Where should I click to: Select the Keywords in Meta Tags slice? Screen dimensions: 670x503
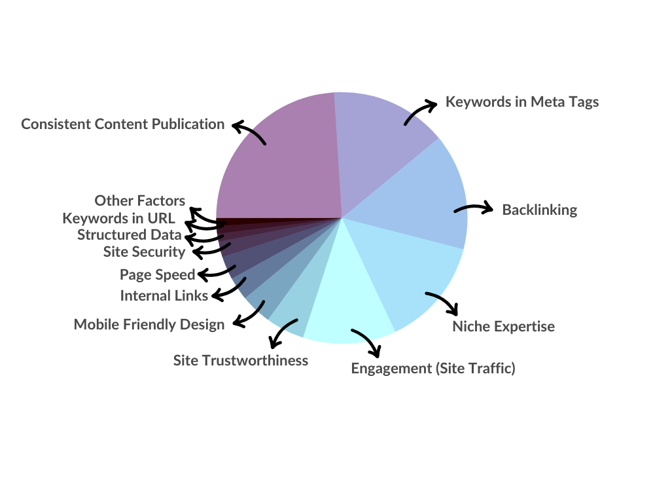pyautogui.click(x=376, y=145)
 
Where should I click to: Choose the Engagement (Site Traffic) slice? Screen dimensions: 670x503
pyautogui.click(x=346, y=299)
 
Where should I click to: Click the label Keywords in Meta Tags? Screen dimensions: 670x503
pyautogui.click(x=522, y=102)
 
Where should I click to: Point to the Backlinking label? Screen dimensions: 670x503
pyautogui.click(x=540, y=210)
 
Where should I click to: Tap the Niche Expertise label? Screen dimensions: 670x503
pyautogui.click(x=503, y=327)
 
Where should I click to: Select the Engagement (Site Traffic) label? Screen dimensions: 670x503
pyautogui.click(x=433, y=368)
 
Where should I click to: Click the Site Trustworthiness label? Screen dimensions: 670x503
pyautogui.click(x=241, y=361)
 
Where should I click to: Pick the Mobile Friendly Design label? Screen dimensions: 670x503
pyautogui.click(x=149, y=325)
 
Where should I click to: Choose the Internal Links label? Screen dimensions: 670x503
pyautogui.click(x=164, y=295)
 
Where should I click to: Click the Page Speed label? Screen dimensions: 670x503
pyautogui.click(x=157, y=274)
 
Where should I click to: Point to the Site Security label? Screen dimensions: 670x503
pyautogui.click(x=145, y=252)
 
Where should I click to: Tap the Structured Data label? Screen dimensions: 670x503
pyautogui.click(x=130, y=235)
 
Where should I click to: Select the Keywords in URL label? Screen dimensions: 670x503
pyautogui.click(x=119, y=219)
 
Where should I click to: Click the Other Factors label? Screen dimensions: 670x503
pyautogui.click(x=140, y=200)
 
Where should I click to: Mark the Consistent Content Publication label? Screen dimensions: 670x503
pyautogui.click(x=122, y=124)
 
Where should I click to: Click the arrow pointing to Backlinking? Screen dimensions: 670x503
pyautogui.click(x=474, y=208)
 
